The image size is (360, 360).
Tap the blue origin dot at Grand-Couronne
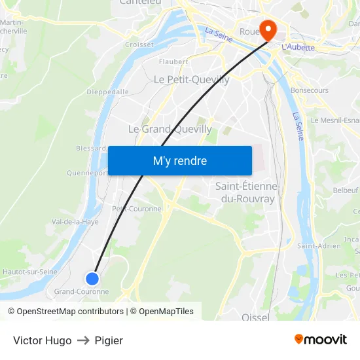click(92, 278)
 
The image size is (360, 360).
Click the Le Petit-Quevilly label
click(191, 79)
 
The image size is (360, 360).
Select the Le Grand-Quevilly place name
click(170, 129)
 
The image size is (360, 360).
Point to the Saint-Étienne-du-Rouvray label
click(247, 192)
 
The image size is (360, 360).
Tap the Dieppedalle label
click(107, 92)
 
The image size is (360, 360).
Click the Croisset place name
click(139, 45)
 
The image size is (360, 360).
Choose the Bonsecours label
click(310, 90)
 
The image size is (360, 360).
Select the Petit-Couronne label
click(136, 209)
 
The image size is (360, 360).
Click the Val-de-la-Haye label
click(75, 222)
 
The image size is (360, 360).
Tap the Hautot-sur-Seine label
click(30, 272)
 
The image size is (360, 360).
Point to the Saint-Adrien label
click(319, 246)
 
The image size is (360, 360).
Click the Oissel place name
click(255, 317)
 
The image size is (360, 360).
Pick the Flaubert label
click(173, 62)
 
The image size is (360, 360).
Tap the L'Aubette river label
click(298, 47)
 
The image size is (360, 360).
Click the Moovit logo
click(321, 339)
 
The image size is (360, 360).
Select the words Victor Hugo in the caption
click(43, 340)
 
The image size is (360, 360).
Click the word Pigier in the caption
click(109, 340)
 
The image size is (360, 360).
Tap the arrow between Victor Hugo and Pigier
click(83, 340)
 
